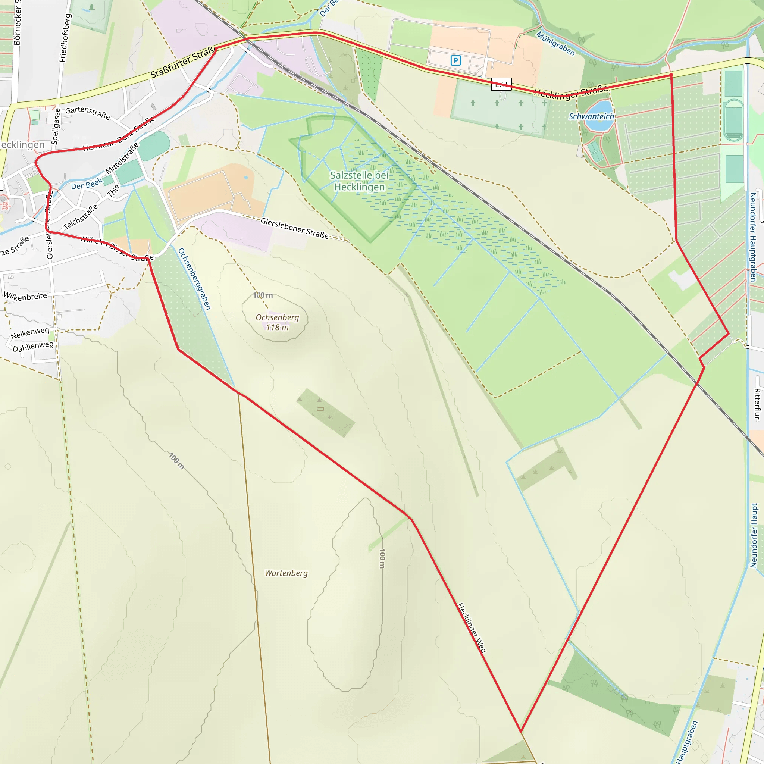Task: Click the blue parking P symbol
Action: click(455, 60)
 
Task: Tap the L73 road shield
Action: click(501, 84)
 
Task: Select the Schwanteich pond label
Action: click(591, 116)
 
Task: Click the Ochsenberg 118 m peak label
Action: click(277, 322)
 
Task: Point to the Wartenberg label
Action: click(286, 573)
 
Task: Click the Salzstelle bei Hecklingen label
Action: click(359, 181)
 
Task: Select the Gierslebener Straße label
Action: click(295, 228)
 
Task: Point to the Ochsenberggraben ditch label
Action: click(194, 279)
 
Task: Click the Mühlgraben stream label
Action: click(555, 44)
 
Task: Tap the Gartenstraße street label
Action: click(87, 113)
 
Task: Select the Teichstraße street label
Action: click(81, 217)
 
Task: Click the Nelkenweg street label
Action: click(30, 333)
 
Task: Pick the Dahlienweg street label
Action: click(33, 347)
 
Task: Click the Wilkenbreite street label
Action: click(25, 296)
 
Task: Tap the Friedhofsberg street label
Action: click(65, 38)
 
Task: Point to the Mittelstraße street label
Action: click(122, 158)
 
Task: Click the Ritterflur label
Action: click(757, 404)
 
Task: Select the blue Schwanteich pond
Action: click(599, 117)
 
